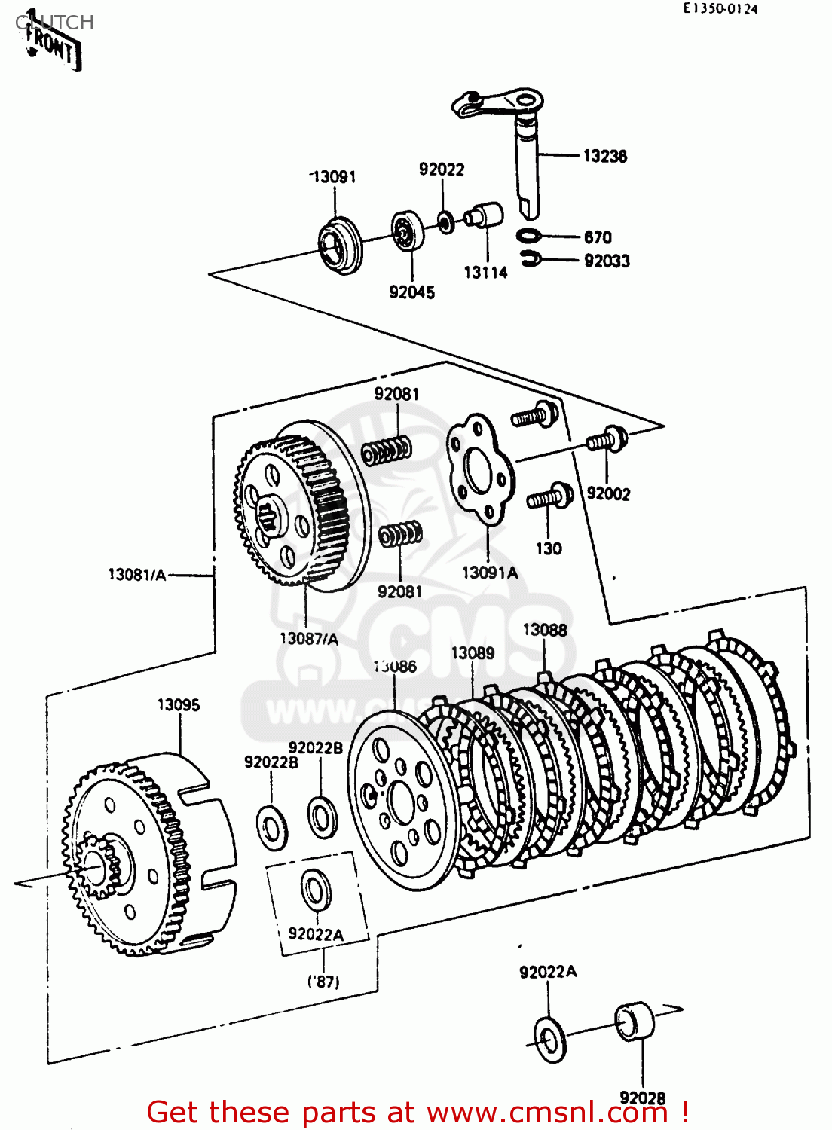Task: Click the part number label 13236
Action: (604, 156)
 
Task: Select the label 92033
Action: (607, 261)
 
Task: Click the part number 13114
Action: (485, 273)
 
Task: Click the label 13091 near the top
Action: (333, 176)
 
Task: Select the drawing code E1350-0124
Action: (720, 9)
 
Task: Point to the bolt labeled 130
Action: (550, 498)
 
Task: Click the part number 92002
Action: (608, 494)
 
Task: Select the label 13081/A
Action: (136, 574)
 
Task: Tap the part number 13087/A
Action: (309, 638)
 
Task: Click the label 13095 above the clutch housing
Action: (179, 704)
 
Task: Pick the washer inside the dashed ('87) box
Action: (316, 890)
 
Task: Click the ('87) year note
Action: (323, 982)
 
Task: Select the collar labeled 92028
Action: (635, 1022)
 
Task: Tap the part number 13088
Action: (544, 629)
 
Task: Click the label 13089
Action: (473, 653)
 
